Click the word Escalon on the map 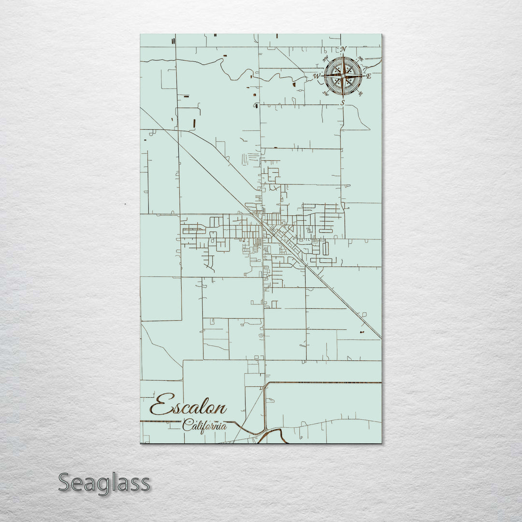click(188, 406)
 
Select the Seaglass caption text click(104, 483)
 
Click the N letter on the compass click(344, 49)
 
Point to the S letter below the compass click(343, 102)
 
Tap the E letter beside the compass click(368, 76)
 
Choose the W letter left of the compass click(317, 76)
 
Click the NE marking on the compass click(361, 59)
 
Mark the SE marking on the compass click(361, 94)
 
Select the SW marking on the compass click(325, 94)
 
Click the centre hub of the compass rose click(343, 76)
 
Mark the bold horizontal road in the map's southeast click(324, 383)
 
